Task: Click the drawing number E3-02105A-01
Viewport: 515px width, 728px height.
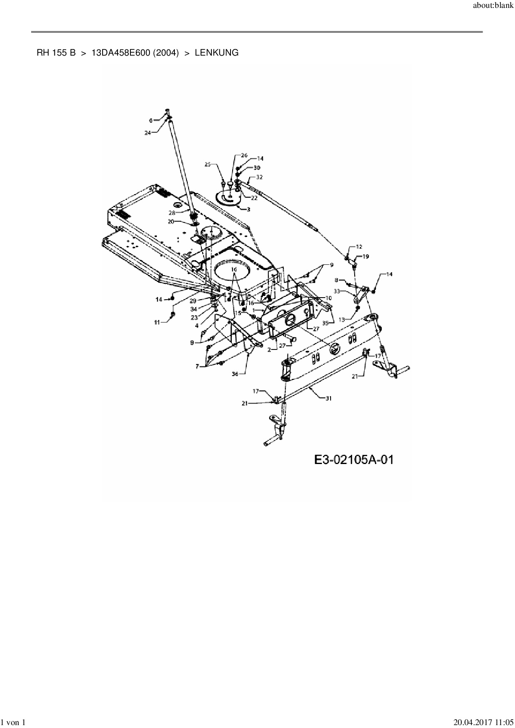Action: click(353, 460)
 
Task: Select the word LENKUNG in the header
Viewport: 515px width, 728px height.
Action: click(216, 53)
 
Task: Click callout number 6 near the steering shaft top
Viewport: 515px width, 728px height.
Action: click(151, 120)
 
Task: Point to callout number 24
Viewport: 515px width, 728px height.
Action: click(147, 133)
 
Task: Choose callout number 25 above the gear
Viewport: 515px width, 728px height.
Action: click(208, 165)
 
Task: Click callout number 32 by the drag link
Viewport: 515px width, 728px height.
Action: click(260, 177)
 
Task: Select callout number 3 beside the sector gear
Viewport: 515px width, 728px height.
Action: click(248, 210)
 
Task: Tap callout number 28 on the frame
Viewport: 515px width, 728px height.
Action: click(172, 212)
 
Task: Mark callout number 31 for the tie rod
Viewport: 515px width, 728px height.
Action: click(329, 398)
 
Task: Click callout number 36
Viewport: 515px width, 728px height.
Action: click(235, 374)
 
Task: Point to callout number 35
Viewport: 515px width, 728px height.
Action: click(327, 322)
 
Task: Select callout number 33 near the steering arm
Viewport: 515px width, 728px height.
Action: click(337, 291)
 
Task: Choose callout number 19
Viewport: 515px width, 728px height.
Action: click(365, 257)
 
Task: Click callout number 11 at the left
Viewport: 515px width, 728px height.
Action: click(157, 322)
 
